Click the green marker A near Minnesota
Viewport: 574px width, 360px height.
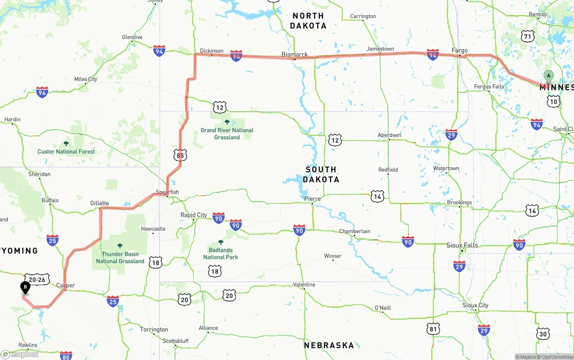tap(548, 77)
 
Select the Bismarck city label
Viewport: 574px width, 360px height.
tap(295, 55)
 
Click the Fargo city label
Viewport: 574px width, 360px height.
tap(460, 51)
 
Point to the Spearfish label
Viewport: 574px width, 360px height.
tap(167, 192)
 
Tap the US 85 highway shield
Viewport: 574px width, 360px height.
tap(180, 156)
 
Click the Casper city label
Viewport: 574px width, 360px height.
tap(65, 285)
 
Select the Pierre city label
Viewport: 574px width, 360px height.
tap(312, 199)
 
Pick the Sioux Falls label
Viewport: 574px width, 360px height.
tap(462, 245)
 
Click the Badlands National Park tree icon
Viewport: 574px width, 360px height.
tap(221, 242)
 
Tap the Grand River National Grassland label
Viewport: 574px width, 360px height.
tap(227, 134)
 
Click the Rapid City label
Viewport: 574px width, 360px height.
tap(194, 215)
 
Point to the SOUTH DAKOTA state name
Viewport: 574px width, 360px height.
tap(321, 174)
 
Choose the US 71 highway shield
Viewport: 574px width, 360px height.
tap(528, 36)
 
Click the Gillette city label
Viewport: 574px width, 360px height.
tap(100, 203)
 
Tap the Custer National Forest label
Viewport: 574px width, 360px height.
tap(66, 152)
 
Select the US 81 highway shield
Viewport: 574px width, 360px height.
tap(433, 329)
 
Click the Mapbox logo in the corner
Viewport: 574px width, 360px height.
tap(20, 354)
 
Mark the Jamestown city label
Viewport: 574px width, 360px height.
tap(380, 49)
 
